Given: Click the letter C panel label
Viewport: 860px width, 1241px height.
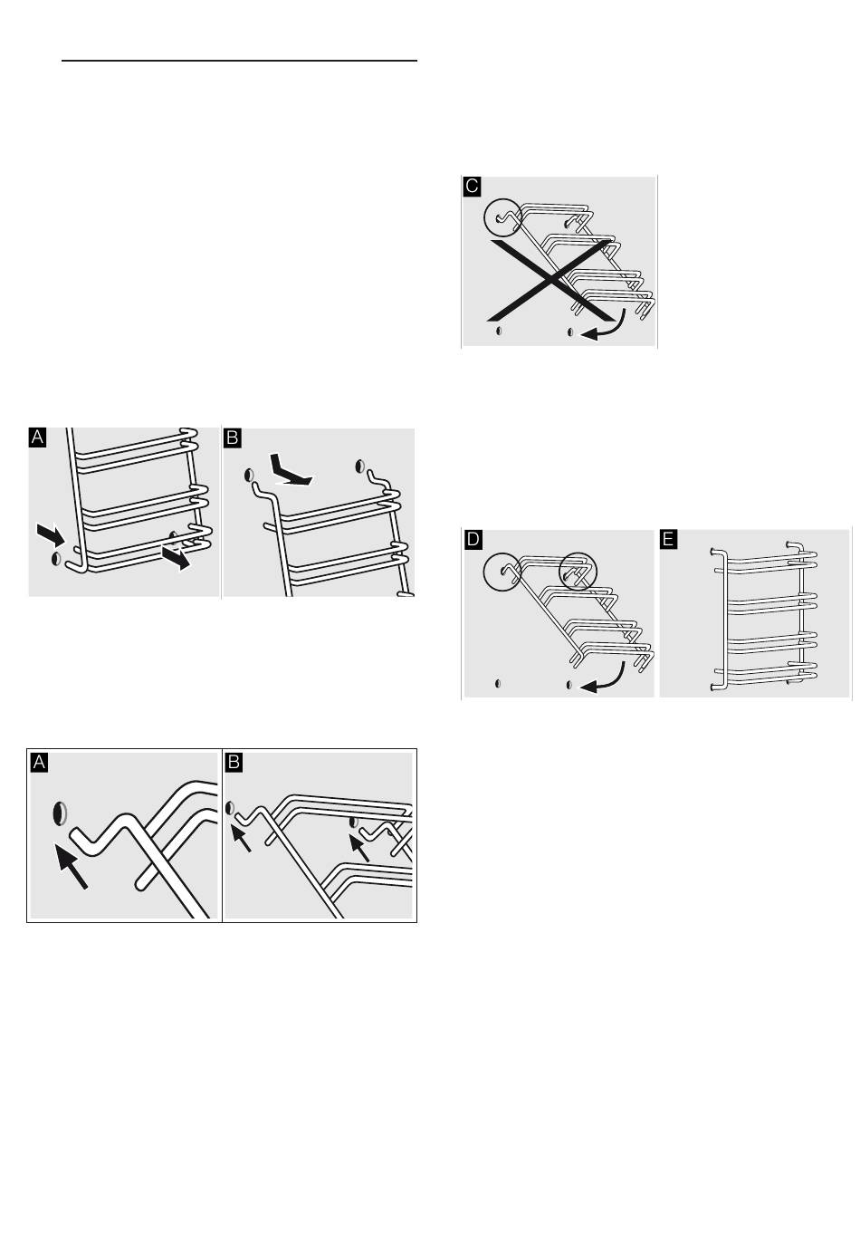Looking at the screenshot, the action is click(472, 187).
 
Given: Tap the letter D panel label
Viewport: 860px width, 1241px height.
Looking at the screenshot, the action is click(473, 539).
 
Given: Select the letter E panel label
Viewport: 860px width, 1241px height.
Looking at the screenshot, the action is click(668, 539).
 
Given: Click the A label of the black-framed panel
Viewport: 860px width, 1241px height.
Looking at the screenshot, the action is click(39, 763).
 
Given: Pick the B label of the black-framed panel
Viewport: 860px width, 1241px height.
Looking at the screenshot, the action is click(234, 763).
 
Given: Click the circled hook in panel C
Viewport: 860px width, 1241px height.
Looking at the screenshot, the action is click(503, 217).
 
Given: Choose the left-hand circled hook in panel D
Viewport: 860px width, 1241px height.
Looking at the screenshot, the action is click(502, 571).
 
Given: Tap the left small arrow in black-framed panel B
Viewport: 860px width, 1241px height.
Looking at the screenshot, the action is click(241, 838).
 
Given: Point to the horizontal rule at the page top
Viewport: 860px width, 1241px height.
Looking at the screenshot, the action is click(239, 61).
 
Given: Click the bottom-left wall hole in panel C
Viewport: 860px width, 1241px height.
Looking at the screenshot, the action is click(499, 331).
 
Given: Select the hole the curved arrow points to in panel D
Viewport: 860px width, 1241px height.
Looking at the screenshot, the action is click(569, 685).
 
